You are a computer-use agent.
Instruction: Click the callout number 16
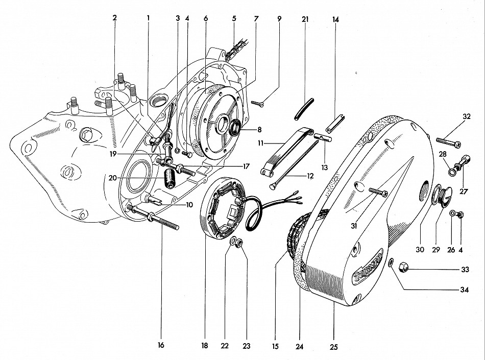[161, 346]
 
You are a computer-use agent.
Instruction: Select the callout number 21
[305, 19]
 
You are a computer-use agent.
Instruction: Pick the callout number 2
[115, 17]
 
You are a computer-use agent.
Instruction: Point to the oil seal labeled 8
[236, 128]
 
